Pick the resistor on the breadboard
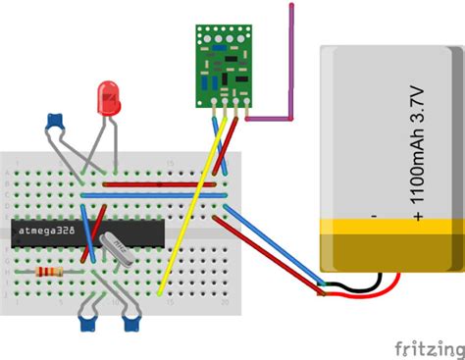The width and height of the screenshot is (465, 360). tap(48, 272)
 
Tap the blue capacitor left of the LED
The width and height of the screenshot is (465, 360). tap(56, 123)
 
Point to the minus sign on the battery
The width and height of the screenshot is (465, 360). tap(373, 214)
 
